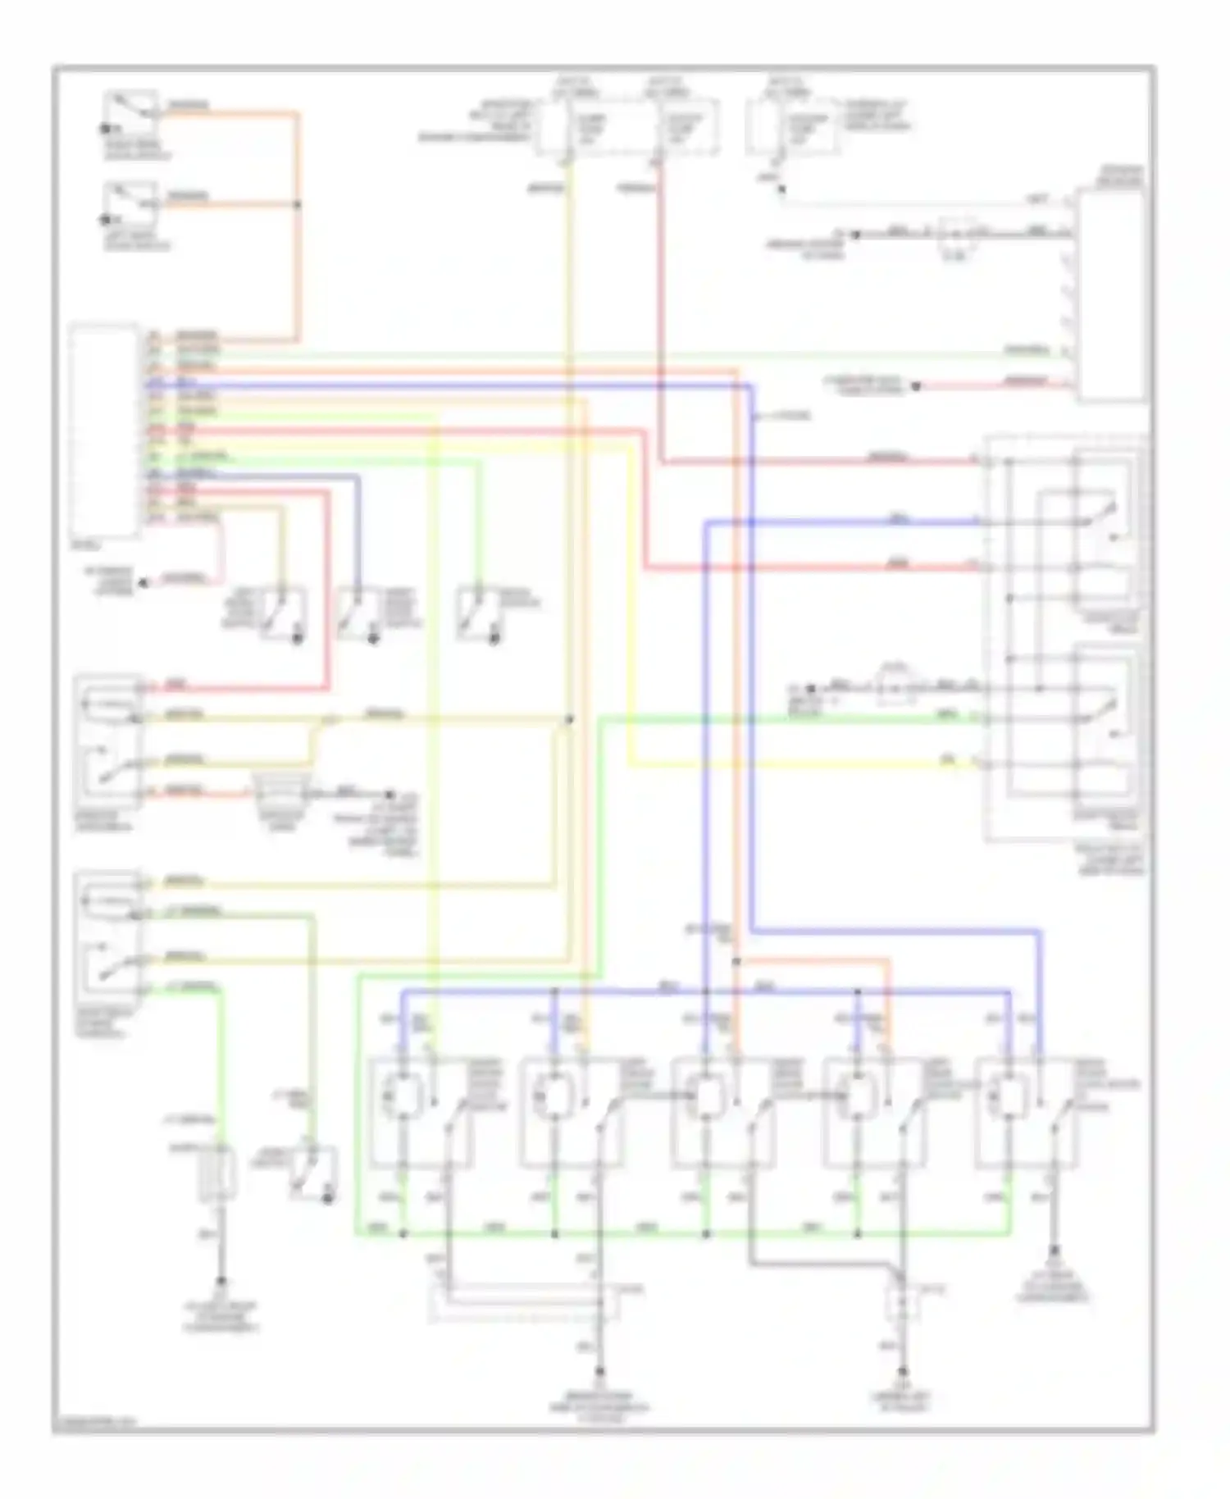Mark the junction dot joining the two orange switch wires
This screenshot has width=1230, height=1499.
[x=297, y=204]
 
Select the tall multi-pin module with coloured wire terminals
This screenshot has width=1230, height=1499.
[x=104, y=431]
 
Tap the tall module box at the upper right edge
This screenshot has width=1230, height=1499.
[x=1111, y=295]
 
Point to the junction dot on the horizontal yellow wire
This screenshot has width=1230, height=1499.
[x=570, y=720]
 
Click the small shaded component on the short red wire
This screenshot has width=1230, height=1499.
[x=280, y=794]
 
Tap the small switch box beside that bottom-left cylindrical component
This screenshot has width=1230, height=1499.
[x=313, y=1173]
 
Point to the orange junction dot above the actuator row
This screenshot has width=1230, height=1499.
[x=736, y=961]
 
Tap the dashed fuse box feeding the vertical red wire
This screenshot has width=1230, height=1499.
[x=689, y=127]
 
